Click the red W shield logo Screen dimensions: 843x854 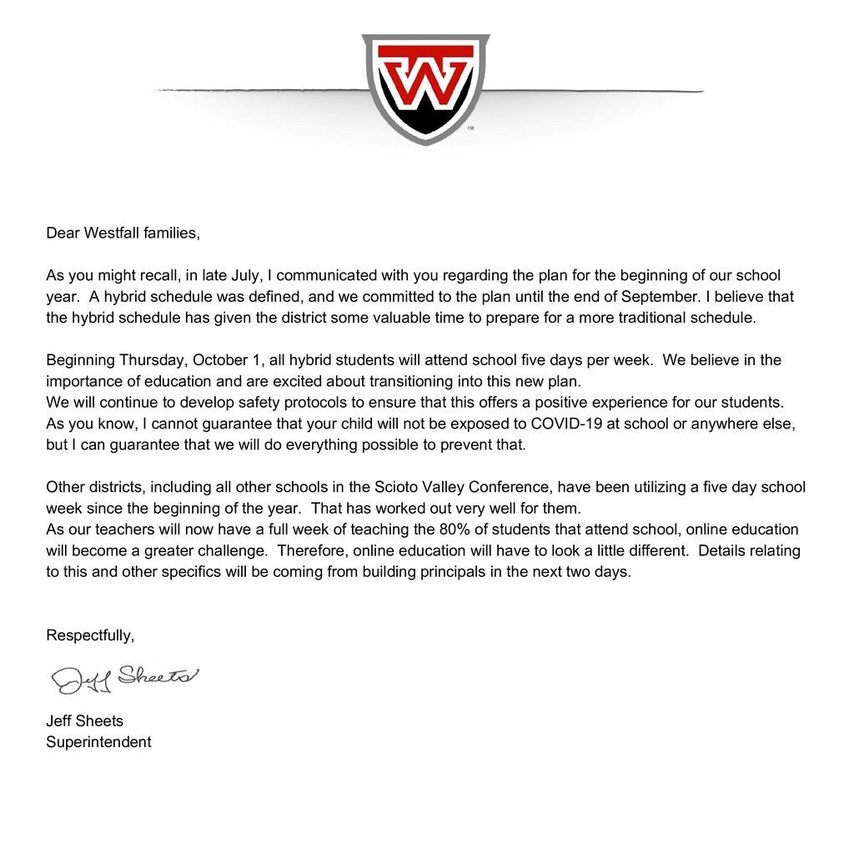click(x=425, y=87)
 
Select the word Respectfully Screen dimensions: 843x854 click(x=90, y=635)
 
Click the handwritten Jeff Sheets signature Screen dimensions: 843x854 click(x=125, y=677)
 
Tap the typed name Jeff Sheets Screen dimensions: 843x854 click(x=84, y=720)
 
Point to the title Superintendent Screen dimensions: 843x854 click(x=98, y=741)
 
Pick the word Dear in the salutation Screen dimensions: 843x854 click(x=61, y=233)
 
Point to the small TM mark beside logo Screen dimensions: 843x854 click(x=470, y=128)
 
